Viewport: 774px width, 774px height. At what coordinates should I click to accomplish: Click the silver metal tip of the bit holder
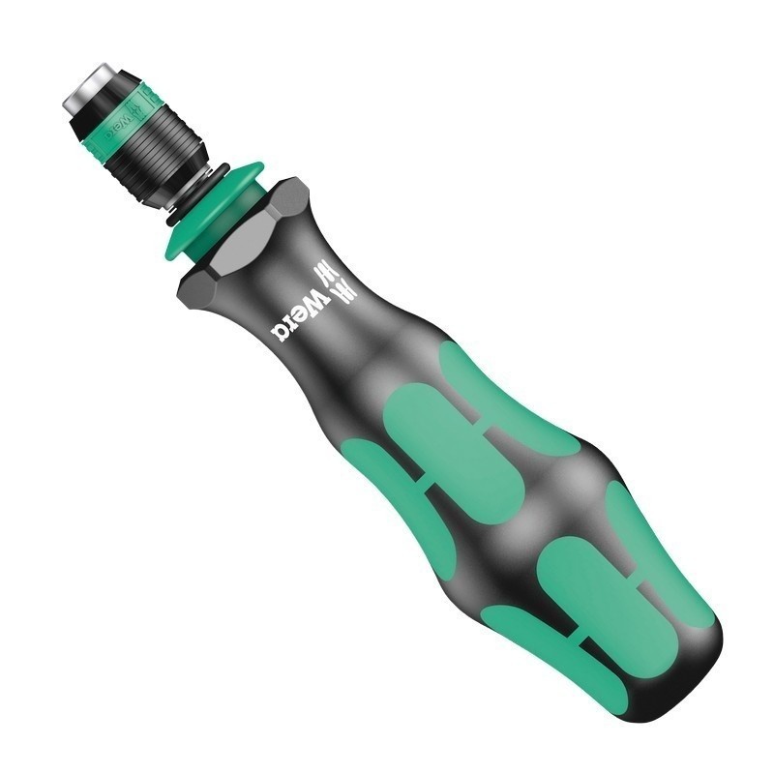pyautogui.click(x=82, y=86)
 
